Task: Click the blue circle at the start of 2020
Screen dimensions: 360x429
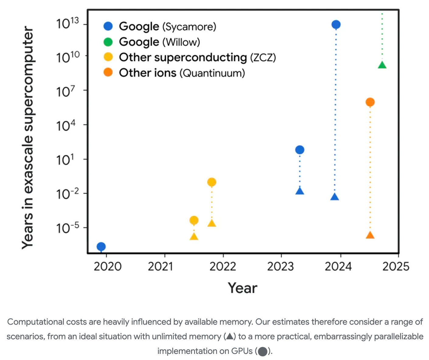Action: [101, 246]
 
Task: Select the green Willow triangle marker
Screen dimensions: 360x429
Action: [382, 65]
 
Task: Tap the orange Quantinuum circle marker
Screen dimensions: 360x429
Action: [370, 102]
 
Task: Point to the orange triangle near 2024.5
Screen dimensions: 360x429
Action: [370, 235]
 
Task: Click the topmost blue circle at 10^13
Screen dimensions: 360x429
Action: [336, 24]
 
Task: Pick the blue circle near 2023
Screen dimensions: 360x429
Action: [300, 150]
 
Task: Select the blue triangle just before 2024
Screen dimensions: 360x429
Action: [335, 197]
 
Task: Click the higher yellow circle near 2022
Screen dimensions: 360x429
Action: [212, 182]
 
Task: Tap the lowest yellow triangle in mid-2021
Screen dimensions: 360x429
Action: [194, 236]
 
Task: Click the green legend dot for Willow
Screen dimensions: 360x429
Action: [108, 42]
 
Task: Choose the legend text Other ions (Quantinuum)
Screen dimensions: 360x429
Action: [182, 73]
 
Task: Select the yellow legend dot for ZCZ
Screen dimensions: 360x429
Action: [108, 57]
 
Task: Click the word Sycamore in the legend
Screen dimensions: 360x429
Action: [189, 26]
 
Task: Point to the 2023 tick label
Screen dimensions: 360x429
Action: [280, 266]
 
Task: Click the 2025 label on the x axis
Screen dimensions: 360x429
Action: [396, 266]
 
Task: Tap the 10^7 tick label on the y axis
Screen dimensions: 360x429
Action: [67, 91]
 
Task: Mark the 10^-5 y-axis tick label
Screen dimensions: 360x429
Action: [67, 228]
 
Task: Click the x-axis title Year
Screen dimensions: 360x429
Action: [242, 288]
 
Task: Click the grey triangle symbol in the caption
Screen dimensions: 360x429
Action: [230, 336]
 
